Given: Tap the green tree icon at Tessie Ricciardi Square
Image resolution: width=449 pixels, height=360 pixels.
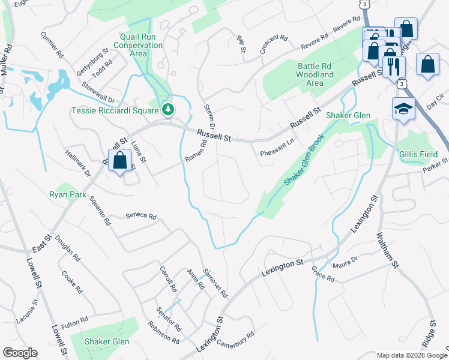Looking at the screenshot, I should coord(169,109).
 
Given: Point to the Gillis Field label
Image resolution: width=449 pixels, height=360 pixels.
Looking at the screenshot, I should coord(417,154).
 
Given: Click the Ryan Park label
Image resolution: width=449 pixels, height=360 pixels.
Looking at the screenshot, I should coord(68,195).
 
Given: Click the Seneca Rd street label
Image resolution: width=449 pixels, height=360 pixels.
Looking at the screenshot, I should coord(141,216).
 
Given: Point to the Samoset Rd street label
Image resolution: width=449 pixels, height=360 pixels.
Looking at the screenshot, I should coord(216,283).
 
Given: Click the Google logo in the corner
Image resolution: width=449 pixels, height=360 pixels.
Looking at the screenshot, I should coord(20,353).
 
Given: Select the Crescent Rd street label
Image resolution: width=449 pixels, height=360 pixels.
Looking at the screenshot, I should coord(274,44).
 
